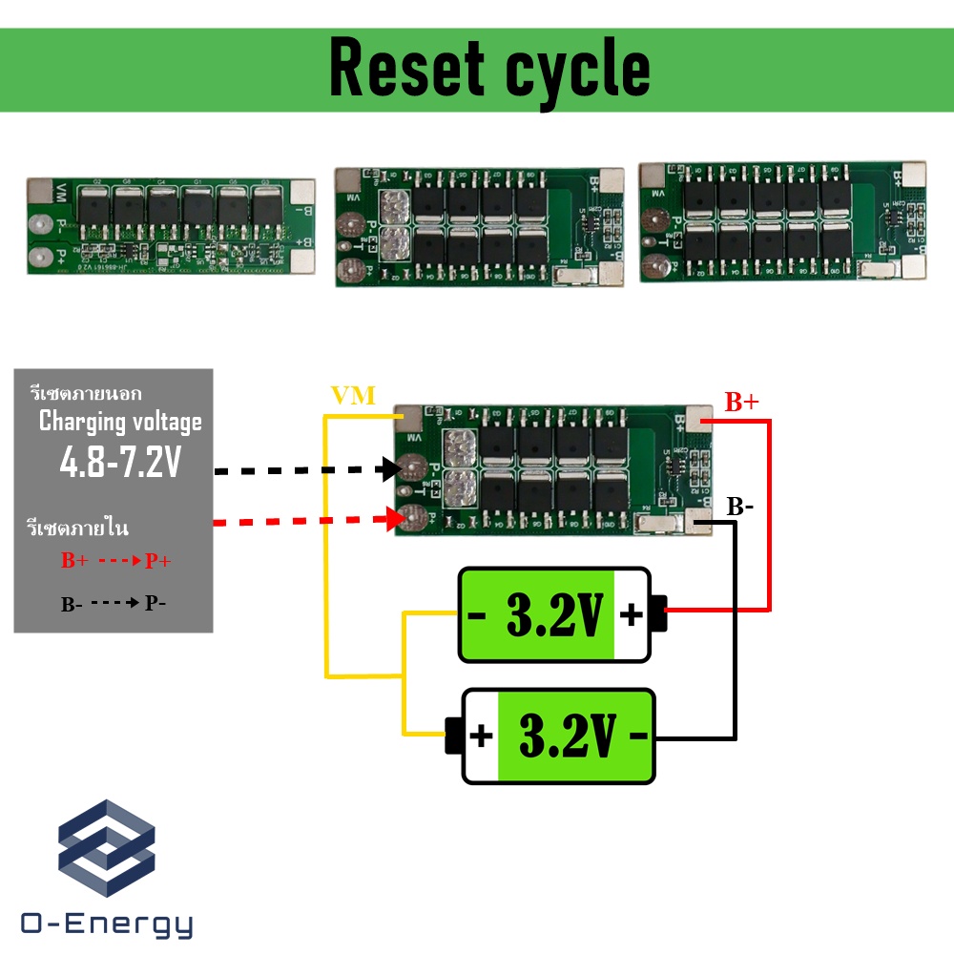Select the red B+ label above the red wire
741,403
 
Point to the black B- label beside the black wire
740,507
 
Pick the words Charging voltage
120,422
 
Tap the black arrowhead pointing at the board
390,469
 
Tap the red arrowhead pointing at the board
390,520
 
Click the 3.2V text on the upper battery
554,616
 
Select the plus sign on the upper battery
631,615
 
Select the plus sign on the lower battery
481,736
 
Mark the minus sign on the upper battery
477,615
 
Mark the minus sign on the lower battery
638,736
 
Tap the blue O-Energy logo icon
107,847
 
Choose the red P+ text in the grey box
157,562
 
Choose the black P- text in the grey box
155,603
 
